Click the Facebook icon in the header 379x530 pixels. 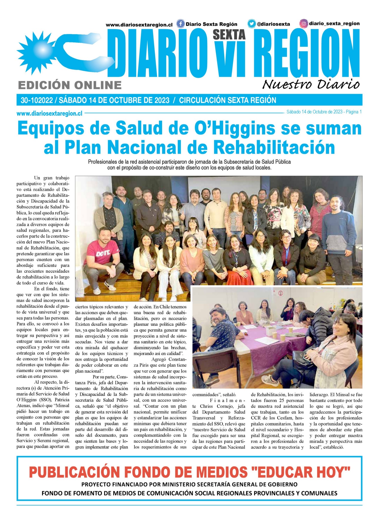[180, 24]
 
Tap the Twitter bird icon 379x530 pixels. [252, 24]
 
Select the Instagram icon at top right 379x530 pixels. [304, 24]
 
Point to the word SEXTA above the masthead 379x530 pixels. [229, 35]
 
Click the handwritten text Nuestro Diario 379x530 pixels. [311, 85]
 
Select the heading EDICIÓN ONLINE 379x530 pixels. [70, 85]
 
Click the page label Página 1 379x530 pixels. [354, 112]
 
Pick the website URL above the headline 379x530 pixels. [49, 113]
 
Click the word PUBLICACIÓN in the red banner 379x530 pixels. [74, 472]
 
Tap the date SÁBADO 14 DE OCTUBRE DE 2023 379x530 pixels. [114, 100]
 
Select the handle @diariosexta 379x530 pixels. [273, 24]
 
